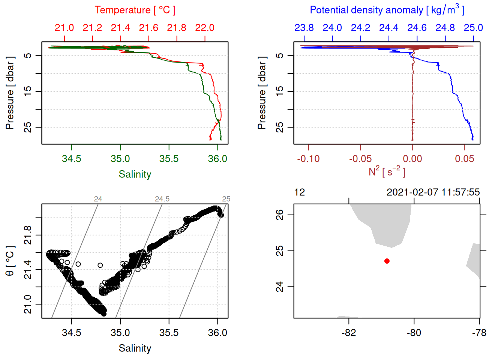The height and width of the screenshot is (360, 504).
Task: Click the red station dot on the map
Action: tap(387, 261)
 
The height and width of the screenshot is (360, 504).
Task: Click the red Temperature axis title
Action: tap(135, 10)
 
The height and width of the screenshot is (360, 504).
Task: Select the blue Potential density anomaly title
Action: tap(387, 10)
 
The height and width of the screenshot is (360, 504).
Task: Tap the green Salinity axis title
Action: tap(135, 174)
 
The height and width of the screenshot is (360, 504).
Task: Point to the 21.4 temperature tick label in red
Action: tap(120, 28)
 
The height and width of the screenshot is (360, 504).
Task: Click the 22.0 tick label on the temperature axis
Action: tap(205, 28)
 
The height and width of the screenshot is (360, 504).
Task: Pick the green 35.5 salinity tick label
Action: tap(169, 159)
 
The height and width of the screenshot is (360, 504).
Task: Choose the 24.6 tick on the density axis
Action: tap(417, 28)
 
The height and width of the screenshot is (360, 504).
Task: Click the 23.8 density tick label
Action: tap(304, 28)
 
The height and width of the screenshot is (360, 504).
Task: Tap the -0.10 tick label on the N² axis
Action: tap(308, 159)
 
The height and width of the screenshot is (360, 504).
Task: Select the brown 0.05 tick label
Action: tap(465, 159)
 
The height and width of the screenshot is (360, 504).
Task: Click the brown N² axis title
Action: tap(387, 172)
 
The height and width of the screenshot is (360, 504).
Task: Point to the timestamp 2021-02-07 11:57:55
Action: tap(433, 192)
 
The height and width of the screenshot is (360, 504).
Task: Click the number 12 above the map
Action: tap(300, 192)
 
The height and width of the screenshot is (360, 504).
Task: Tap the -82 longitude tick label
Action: tap(349, 333)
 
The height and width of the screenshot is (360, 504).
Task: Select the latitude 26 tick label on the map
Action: tap(280, 215)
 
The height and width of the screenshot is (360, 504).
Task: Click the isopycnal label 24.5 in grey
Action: tap(162, 199)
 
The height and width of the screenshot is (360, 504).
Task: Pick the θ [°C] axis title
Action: tap(10, 261)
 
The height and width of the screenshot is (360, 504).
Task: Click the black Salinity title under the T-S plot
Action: tap(135, 348)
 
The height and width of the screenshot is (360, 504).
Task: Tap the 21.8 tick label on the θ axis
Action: tap(28, 235)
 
